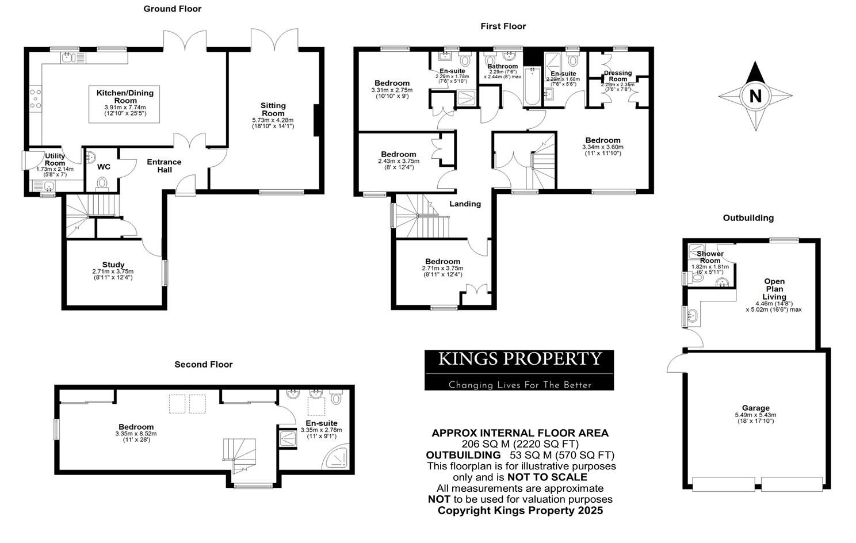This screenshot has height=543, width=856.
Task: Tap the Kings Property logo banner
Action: point(519,370)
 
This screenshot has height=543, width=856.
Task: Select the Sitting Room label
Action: point(273,109)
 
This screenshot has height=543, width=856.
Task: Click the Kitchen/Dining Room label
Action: point(125,97)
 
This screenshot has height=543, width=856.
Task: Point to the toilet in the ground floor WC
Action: point(102,183)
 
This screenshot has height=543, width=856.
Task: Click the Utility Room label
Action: point(55,159)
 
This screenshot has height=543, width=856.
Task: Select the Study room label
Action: point(113,265)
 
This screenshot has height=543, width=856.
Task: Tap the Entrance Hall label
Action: point(164,166)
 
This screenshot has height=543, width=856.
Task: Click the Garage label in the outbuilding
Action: point(755,408)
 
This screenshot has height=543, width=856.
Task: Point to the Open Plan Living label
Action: point(774,289)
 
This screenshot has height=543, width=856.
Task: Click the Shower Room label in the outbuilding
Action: point(710,257)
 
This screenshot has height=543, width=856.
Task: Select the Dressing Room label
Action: point(618,76)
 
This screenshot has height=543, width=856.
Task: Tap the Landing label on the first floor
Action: point(465,204)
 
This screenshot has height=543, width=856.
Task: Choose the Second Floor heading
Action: point(204,364)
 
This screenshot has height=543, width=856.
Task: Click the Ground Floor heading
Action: point(172,9)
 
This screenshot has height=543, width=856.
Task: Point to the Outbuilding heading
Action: point(748,217)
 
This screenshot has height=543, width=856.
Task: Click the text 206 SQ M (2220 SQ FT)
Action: point(520,444)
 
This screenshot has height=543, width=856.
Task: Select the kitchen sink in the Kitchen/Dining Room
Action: point(68,57)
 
